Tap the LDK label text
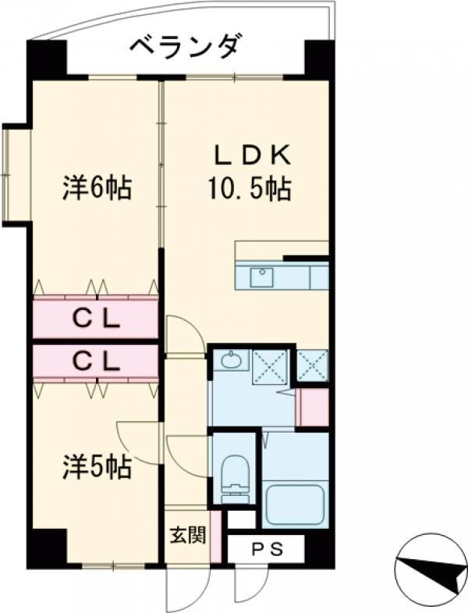(x=253, y=155)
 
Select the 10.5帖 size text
(x=250, y=189)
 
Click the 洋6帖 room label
(x=97, y=188)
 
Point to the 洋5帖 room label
(x=97, y=467)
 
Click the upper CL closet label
(x=96, y=321)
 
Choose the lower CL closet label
(x=96, y=362)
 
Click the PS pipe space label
(x=267, y=550)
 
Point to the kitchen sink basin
(x=262, y=277)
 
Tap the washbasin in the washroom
(x=231, y=360)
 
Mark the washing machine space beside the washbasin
(x=270, y=368)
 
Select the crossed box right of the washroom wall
(x=312, y=365)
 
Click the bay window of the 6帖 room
(x=16, y=175)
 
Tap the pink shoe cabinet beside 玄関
(x=216, y=536)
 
